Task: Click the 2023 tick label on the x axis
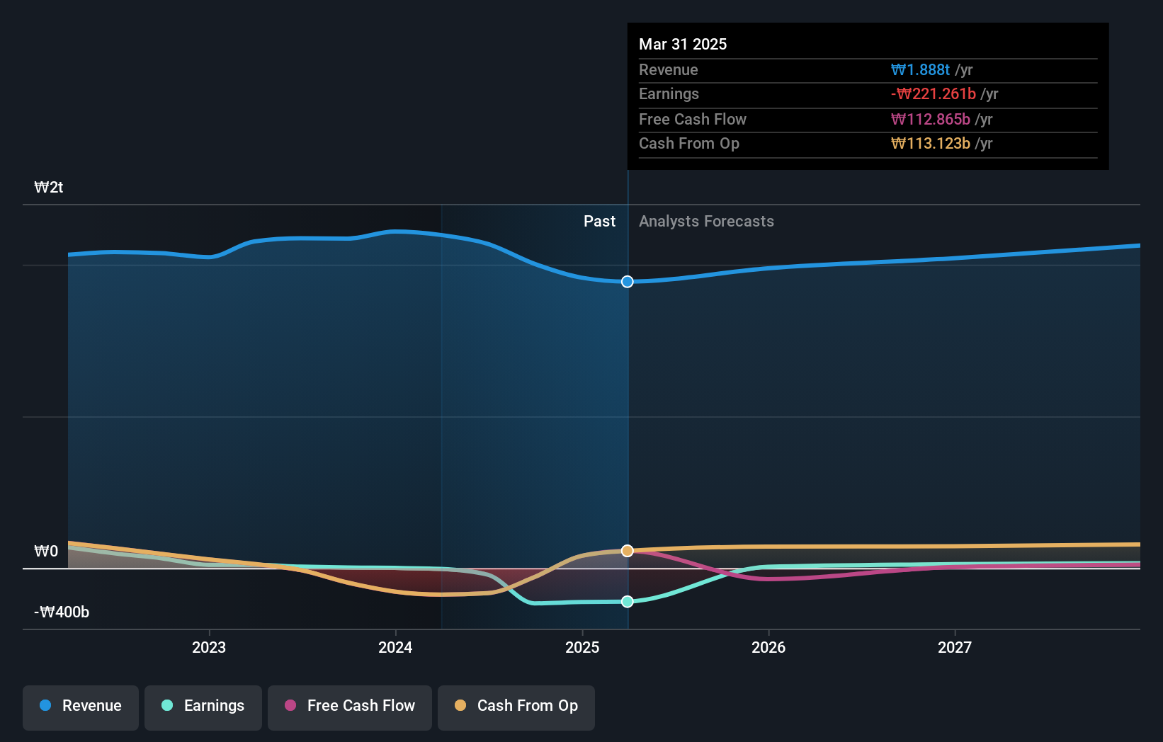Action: (209, 647)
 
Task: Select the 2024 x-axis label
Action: (395, 647)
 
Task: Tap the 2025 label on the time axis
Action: (582, 647)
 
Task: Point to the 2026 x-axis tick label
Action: (768, 647)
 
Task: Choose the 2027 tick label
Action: (955, 647)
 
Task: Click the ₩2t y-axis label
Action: (49, 187)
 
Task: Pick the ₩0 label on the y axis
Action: (46, 551)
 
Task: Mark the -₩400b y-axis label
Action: (62, 612)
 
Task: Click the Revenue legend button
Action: (81, 706)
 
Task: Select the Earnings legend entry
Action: (203, 706)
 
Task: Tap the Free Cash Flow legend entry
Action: (350, 706)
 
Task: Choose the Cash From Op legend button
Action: (516, 706)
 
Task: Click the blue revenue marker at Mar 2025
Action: (628, 282)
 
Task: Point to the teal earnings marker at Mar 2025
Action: (628, 602)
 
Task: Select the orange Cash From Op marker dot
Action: (628, 551)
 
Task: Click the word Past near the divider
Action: (599, 221)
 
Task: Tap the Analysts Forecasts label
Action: (706, 221)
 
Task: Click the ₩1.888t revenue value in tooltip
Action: (920, 69)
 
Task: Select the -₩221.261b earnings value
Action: (934, 93)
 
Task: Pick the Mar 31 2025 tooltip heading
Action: (683, 44)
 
